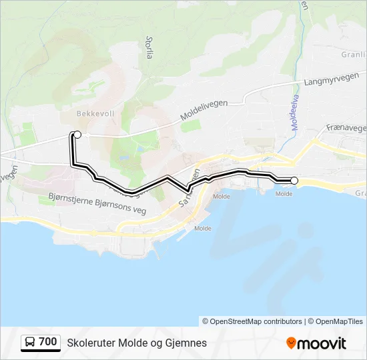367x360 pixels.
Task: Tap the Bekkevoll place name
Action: [95, 113]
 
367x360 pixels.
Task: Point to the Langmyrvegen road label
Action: [327, 81]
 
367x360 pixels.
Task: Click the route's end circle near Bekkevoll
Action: [77, 135]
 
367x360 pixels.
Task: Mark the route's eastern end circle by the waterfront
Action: [294, 180]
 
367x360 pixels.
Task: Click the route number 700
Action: [48, 342]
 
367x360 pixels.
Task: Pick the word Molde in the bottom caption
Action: [131, 343]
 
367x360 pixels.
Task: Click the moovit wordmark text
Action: [322, 343]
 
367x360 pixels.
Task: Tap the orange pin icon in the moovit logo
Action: [291, 343]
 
